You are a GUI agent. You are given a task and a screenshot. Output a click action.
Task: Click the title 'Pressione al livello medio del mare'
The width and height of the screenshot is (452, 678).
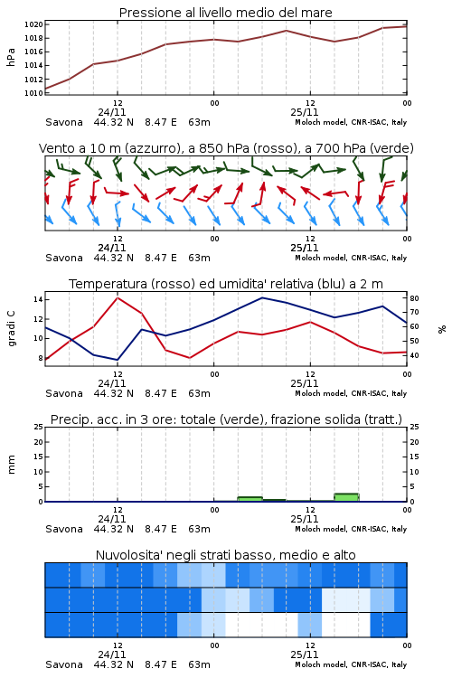pos(225,13)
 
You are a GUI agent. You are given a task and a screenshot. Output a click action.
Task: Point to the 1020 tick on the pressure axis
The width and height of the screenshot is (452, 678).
pos(33,24)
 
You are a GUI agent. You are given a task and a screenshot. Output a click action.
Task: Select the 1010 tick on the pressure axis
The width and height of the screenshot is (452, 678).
pos(33,93)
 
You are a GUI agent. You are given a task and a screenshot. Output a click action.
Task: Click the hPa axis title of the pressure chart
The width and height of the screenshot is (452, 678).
pos(11,57)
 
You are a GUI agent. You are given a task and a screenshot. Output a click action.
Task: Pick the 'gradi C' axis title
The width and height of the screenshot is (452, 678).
pos(11,328)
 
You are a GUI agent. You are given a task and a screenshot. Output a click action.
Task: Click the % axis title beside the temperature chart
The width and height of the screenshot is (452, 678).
pos(442,329)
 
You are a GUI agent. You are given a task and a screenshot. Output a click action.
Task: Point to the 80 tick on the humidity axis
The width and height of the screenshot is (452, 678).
pos(414,298)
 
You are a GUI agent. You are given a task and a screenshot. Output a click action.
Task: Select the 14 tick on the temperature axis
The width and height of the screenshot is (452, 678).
pos(37,299)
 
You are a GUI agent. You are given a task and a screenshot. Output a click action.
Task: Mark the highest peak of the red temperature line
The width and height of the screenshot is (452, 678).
pos(118,297)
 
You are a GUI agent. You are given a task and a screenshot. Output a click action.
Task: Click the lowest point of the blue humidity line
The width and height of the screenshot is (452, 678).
pos(118,360)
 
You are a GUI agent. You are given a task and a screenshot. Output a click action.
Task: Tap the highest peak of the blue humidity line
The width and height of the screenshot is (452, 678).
pos(262,297)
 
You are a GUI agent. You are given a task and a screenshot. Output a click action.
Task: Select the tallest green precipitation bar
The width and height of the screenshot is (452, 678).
pos(346,497)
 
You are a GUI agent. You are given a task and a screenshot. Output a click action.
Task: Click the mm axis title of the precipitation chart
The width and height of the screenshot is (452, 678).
pos(11,465)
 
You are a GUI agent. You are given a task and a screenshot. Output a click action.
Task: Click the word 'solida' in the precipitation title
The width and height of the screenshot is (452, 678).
pos(341,419)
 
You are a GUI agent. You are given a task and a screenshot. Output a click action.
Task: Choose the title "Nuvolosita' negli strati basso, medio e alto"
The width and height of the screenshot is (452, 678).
pos(225,555)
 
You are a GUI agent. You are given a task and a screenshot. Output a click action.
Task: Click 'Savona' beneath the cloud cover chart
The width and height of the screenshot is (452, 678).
pos(64,664)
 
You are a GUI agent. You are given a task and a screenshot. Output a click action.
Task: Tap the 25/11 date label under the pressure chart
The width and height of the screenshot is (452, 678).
pos(305,112)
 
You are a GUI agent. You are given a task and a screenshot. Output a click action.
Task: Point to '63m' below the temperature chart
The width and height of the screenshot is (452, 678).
pos(200,393)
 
